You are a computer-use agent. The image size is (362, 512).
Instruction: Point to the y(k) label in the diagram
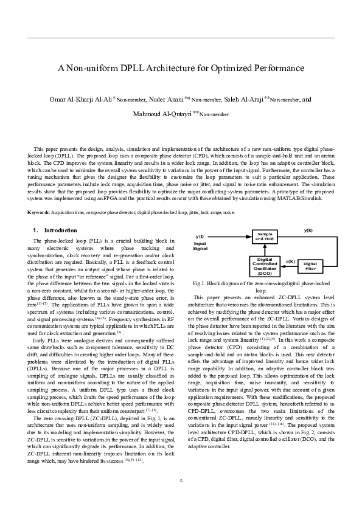tap(308, 230)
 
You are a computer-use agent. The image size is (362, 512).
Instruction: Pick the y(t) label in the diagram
tap(200, 236)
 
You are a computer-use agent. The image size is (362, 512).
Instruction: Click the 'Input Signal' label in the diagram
tap(200, 246)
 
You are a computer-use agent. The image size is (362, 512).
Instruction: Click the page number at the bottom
tap(181, 481)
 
